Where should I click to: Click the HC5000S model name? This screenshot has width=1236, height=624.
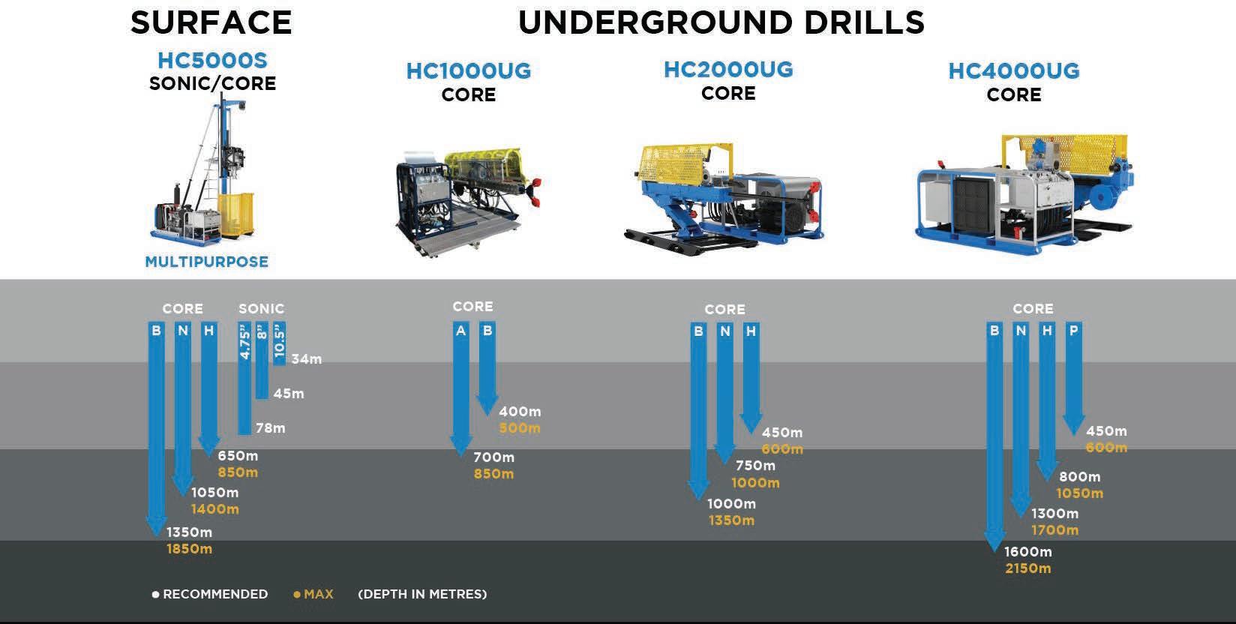212,60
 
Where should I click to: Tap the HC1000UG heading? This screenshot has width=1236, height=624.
469,70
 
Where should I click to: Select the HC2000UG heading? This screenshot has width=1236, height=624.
728,70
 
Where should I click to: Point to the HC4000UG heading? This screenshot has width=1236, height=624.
1014,70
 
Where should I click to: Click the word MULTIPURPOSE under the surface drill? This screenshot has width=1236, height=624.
207,262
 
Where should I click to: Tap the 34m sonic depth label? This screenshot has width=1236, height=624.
306,359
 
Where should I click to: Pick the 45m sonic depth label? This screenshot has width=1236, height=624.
289,394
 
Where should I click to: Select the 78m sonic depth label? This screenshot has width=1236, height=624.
270,428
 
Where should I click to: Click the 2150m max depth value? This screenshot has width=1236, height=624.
1028,568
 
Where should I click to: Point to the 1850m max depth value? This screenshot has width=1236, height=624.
189,549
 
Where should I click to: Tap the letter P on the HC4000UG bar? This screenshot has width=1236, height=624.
1074,331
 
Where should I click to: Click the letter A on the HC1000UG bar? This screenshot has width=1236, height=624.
460,331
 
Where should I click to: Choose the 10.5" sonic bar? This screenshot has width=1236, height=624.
279,343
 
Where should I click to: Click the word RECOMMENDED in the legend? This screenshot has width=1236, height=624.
215,594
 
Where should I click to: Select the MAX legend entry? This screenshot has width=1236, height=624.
313,594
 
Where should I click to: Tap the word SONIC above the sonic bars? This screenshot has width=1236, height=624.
262,308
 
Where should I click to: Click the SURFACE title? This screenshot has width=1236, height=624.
211,22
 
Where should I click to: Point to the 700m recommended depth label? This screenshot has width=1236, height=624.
493,457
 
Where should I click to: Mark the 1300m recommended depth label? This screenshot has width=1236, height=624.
1055,514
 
